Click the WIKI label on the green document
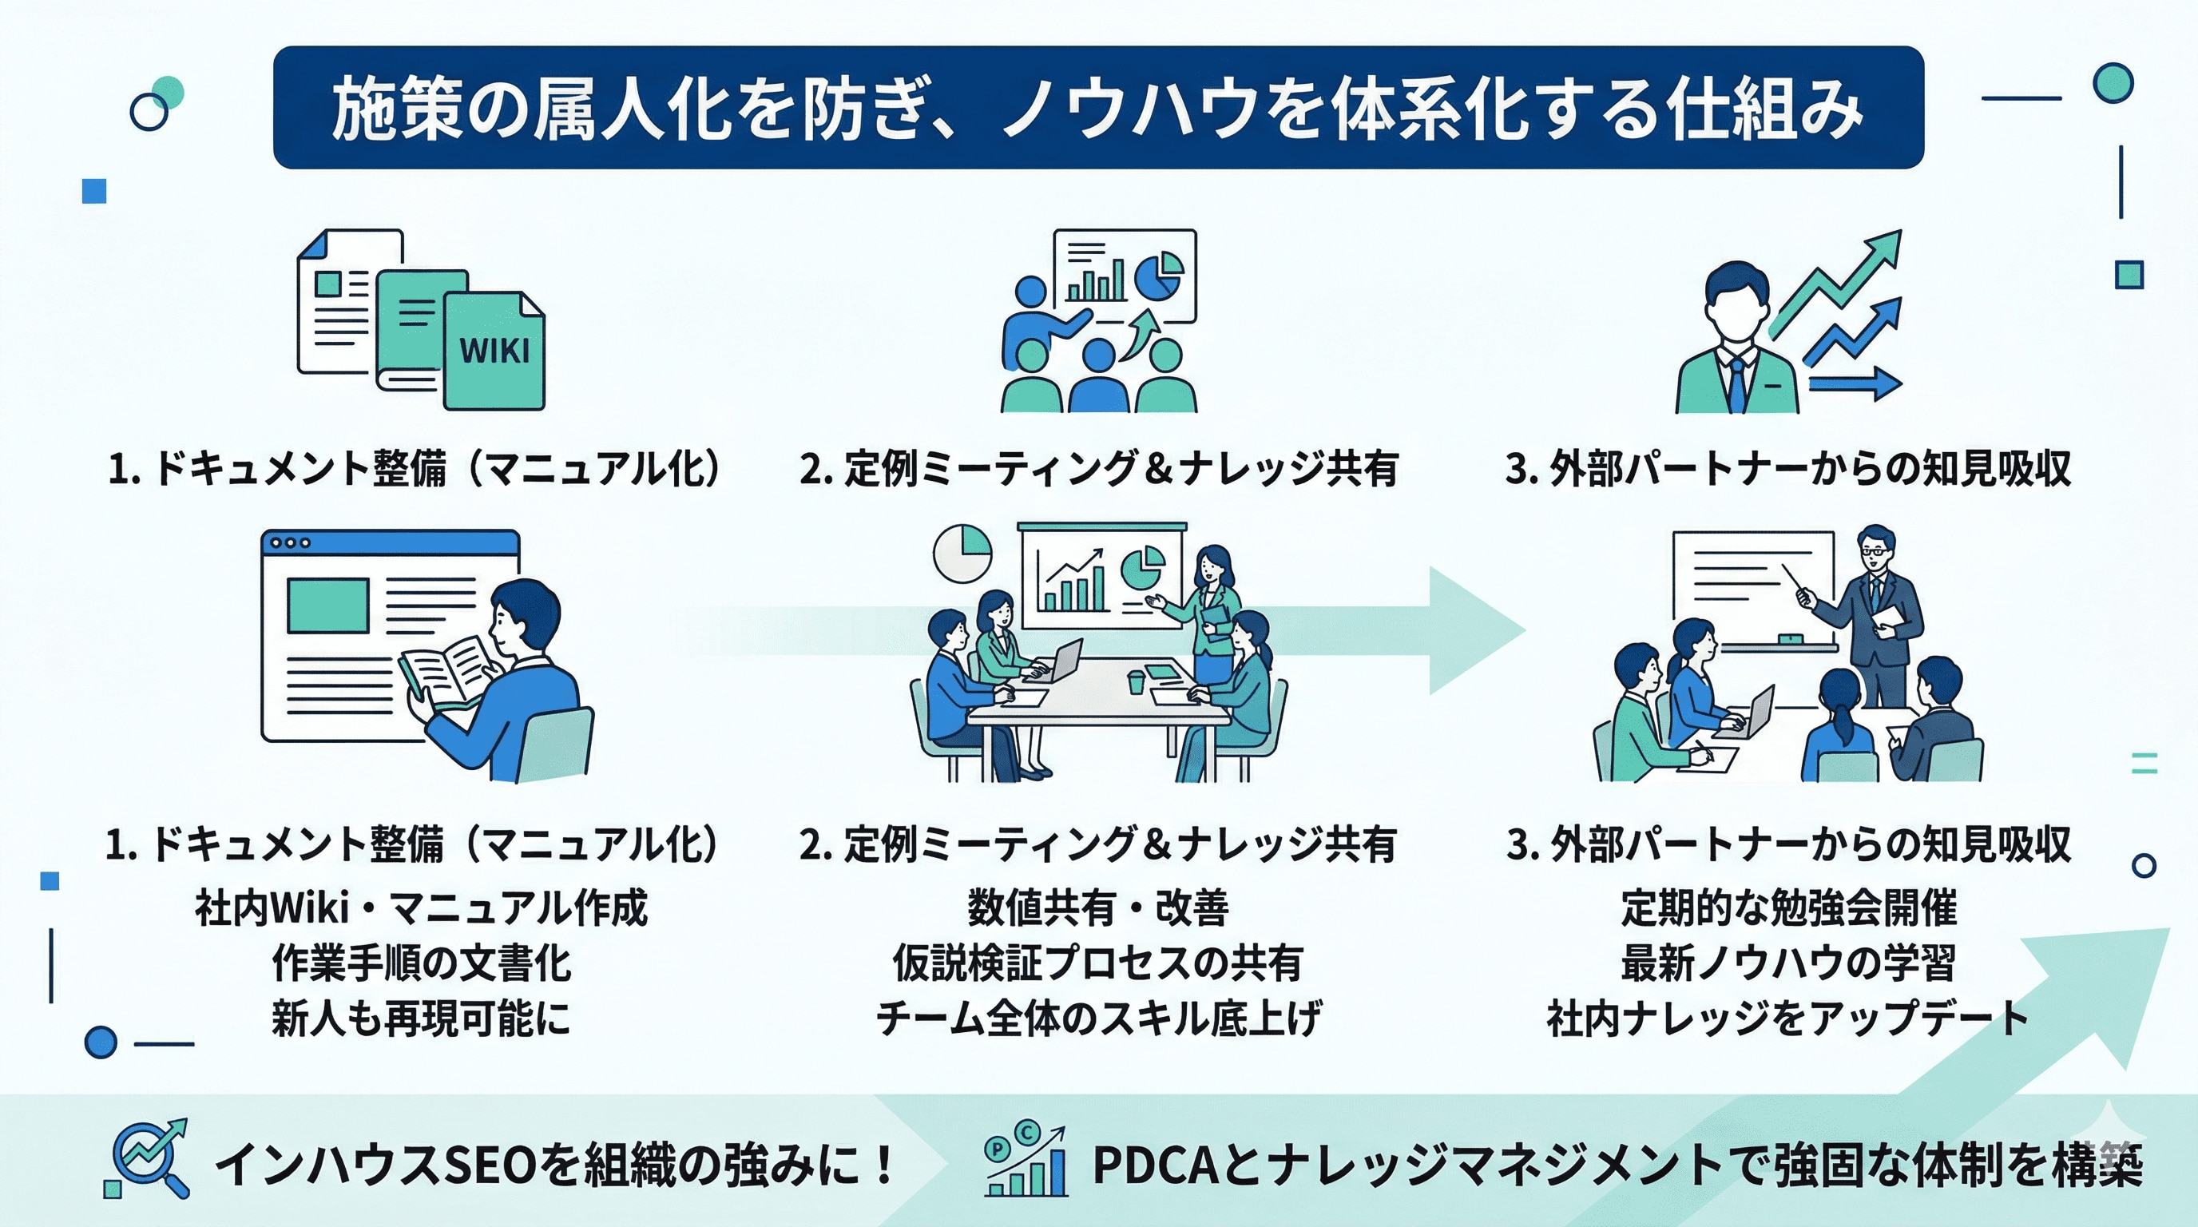[494, 350]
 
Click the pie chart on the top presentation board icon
[1158, 276]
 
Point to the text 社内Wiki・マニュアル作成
[421, 907]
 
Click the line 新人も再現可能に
[421, 1018]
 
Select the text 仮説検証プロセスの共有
[1097, 963]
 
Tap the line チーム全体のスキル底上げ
[1097, 1018]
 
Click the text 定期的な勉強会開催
[1788, 907]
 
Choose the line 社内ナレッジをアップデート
[1788, 1018]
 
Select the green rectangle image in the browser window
[327, 605]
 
